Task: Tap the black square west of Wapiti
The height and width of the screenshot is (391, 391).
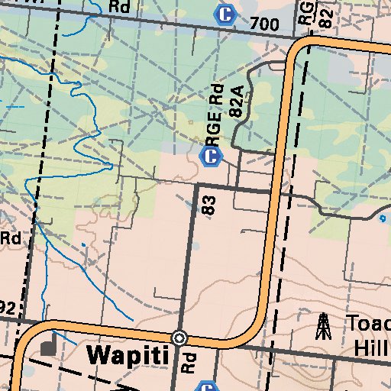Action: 50,347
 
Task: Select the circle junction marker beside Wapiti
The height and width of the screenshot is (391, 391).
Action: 179,338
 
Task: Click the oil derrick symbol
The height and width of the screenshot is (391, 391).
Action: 324,326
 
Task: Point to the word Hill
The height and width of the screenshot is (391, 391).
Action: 371,347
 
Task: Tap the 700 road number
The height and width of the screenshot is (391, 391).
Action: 264,25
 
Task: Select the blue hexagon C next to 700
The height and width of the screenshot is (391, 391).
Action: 225,14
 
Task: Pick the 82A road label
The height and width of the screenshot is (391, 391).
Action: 236,102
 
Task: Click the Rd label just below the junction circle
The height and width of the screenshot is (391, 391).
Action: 188,362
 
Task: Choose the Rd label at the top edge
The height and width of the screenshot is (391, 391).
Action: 120,6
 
